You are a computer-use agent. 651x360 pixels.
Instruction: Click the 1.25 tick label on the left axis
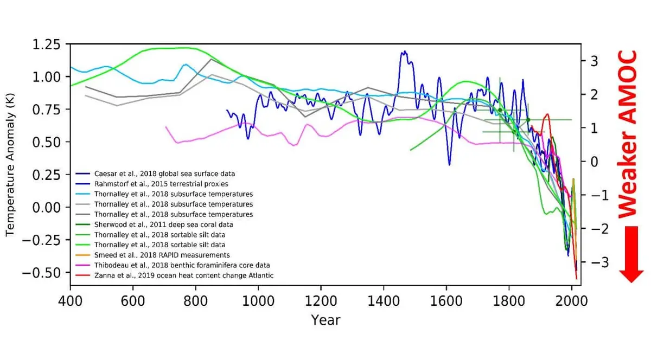pos(46,45)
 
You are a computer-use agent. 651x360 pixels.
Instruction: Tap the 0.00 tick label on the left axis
pos(46,208)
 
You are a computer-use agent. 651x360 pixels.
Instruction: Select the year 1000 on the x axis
pos(258,301)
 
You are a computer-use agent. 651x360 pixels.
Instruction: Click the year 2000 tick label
pos(571,301)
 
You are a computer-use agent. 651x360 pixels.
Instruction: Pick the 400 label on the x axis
pos(70,301)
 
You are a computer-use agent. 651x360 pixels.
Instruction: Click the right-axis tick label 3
pos(595,61)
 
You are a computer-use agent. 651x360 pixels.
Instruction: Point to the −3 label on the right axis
pos(599,262)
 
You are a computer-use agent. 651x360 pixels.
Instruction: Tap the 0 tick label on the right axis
pos(595,162)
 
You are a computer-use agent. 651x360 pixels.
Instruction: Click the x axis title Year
pos(325,320)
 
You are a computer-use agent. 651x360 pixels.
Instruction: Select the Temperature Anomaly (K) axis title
pos(10,165)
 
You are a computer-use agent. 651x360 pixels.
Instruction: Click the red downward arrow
pos(631,254)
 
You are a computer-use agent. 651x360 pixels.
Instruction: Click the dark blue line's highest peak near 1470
pos(404,52)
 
